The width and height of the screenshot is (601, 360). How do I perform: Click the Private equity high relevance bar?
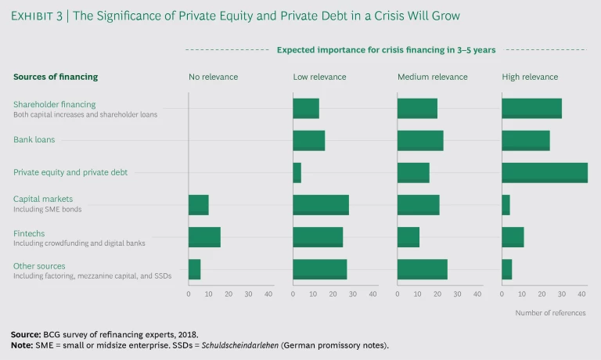[x=545, y=172]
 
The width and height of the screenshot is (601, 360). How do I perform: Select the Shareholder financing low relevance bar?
[x=306, y=109]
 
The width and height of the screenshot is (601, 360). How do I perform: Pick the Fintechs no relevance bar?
[x=204, y=237]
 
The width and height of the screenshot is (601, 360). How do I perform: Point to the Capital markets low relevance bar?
[x=321, y=204]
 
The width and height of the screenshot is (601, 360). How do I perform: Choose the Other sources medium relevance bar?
[x=423, y=269]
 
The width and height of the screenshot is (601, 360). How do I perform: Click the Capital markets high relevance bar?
[x=506, y=204]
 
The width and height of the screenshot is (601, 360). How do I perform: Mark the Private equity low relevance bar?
[x=297, y=172]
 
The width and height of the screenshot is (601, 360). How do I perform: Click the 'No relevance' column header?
[x=213, y=77]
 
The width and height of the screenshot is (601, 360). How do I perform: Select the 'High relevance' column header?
[x=530, y=77]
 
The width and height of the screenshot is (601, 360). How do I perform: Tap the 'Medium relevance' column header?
[x=432, y=77]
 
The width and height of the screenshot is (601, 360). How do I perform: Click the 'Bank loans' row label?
[x=34, y=140]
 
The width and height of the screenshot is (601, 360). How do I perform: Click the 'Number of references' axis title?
[x=550, y=312]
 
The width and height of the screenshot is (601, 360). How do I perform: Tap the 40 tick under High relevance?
[x=581, y=293]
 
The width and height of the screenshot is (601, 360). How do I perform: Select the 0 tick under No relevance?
[x=189, y=293]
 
